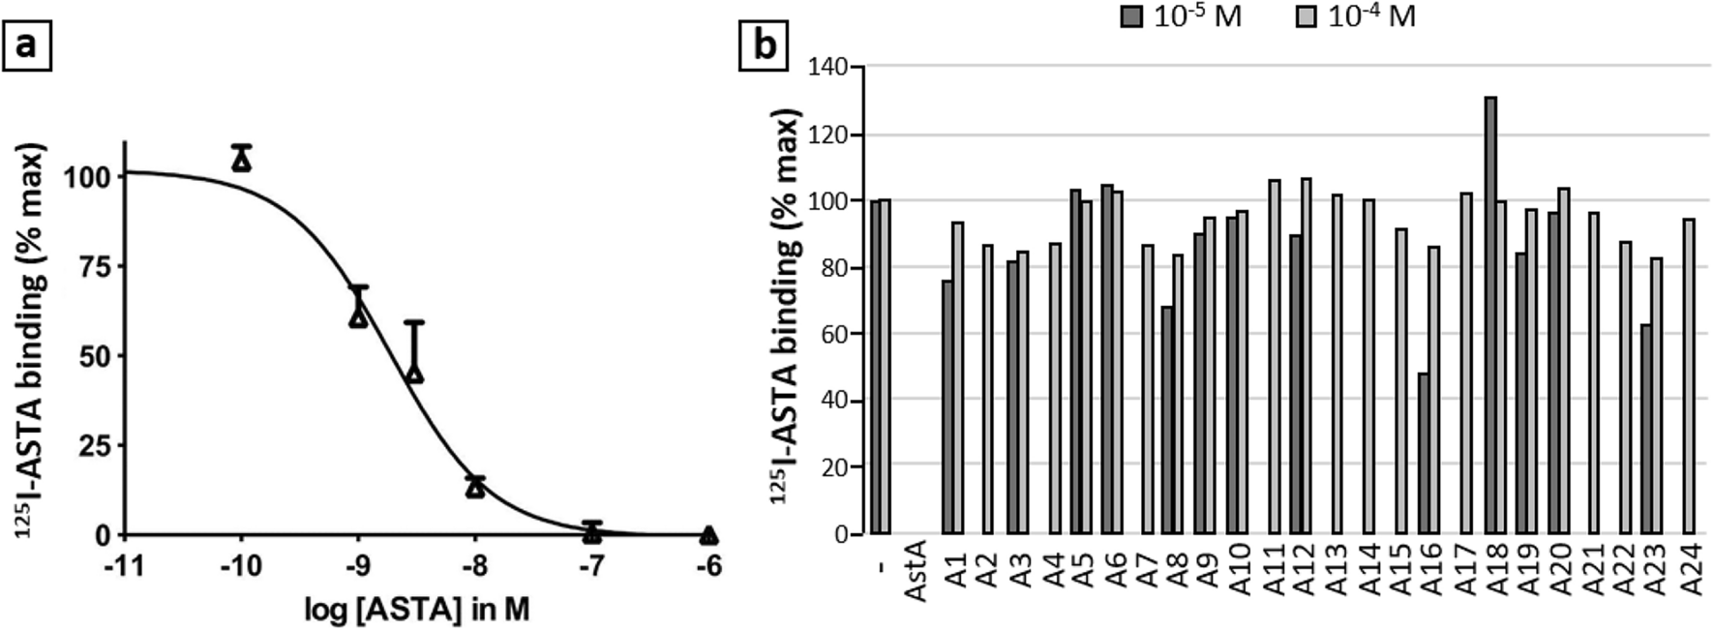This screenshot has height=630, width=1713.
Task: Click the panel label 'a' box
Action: (26, 45)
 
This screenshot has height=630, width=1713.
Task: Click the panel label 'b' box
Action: (765, 45)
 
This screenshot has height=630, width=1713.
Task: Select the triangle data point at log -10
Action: (242, 161)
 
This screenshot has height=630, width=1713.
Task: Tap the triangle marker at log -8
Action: (475, 487)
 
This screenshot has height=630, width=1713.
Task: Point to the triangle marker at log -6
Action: (709, 534)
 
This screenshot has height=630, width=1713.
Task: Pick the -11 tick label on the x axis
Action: (125, 565)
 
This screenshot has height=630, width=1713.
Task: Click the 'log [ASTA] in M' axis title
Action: (417, 611)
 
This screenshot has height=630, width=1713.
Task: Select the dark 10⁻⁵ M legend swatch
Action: (1132, 16)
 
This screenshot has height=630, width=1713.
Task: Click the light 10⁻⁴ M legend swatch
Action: (1307, 16)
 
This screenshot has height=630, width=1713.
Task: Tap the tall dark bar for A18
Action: (1490, 315)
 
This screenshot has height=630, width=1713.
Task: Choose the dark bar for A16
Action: (1424, 453)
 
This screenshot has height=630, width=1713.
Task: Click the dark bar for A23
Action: (1646, 429)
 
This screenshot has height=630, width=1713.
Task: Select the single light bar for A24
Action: (1689, 375)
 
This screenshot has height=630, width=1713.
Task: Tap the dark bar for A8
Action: (1168, 420)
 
